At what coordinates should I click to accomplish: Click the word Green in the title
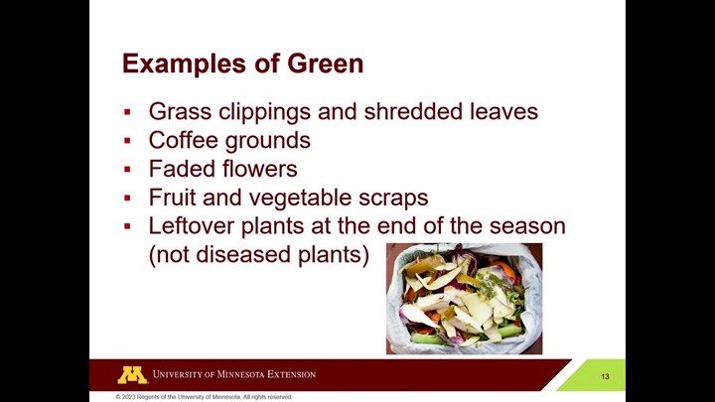pyautogui.click(x=325, y=64)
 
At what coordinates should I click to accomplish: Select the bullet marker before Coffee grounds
pyautogui.click(x=127, y=141)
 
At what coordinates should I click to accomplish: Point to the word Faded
pyautogui.click(x=179, y=169)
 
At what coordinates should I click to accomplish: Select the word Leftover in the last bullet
pyautogui.click(x=191, y=226)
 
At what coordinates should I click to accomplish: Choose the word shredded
pyautogui.click(x=407, y=111)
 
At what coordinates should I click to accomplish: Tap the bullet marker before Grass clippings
pyautogui.click(x=127, y=112)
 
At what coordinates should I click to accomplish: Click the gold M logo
pyautogui.click(x=132, y=375)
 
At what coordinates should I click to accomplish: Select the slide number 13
pyautogui.click(x=605, y=376)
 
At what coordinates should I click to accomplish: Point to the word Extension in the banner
pyautogui.click(x=291, y=374)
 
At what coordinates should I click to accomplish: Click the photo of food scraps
pyautogui.click(x=464, y=299)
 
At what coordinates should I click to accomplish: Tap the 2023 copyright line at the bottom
pyautogui.click(x=204, y=397)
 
